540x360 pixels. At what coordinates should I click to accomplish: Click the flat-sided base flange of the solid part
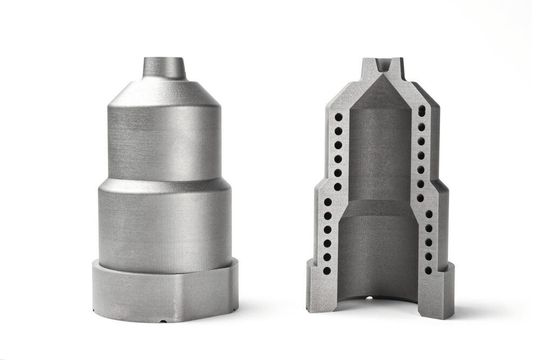pos(164,290)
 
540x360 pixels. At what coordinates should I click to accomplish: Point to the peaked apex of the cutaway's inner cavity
pos(380,90)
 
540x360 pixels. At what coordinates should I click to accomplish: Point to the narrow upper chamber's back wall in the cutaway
pos(380,150)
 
